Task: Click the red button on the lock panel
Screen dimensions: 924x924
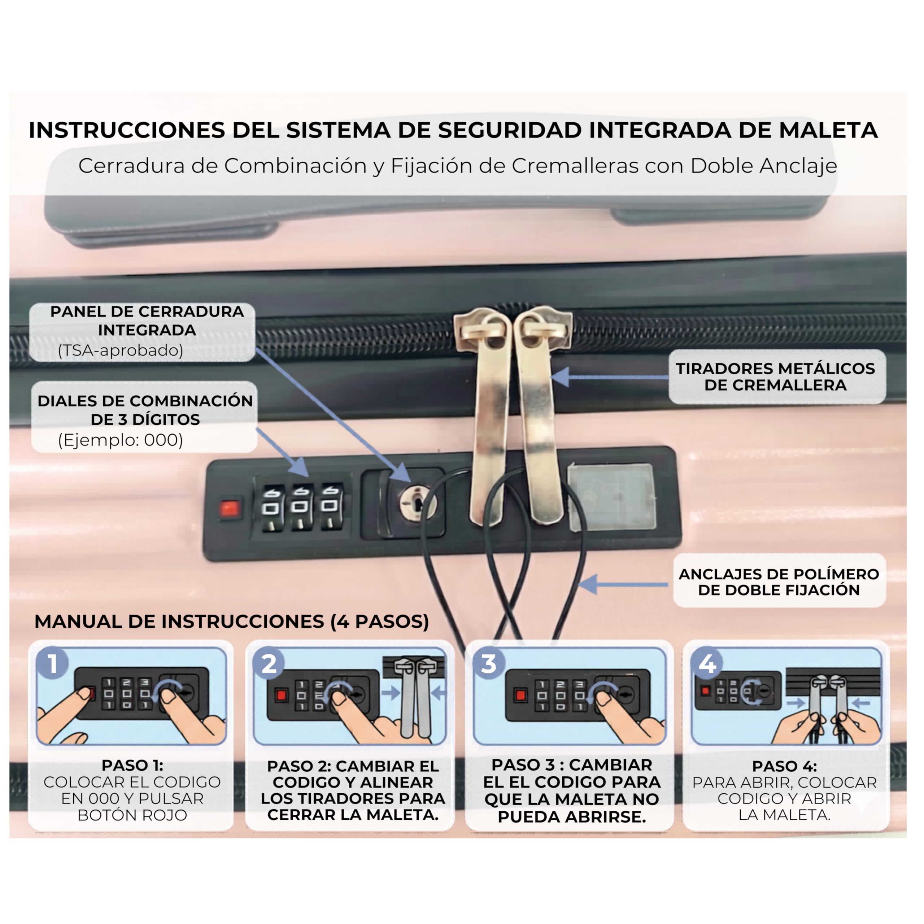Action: [229, 509]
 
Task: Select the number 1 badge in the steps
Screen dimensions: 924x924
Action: [53, 663]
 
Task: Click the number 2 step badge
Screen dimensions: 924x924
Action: [269, 663]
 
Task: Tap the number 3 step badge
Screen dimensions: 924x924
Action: [488, 663]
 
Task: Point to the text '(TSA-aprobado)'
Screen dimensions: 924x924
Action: [121, 350]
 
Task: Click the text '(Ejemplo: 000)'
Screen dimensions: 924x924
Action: [121, 440]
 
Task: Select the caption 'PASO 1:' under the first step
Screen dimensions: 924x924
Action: [132, 765]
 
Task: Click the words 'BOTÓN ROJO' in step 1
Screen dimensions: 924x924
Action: [132, 815]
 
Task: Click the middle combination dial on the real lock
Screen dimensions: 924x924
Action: [300, 508]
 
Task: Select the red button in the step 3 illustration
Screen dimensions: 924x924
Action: [520, 694]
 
